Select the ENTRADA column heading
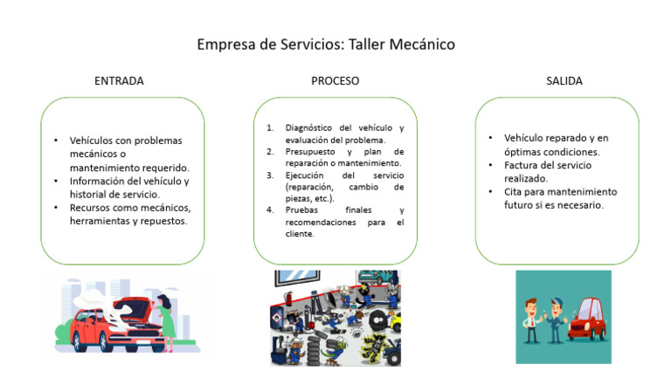[x=119, y=81]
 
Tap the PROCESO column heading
[x=335, y=81]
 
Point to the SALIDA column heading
[x=564, y=81]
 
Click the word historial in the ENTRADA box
[x=87, y=194]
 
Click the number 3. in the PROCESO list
[x=270, y=175]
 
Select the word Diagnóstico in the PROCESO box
[x=308, y=127]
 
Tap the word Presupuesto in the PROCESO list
[x=310, y=152]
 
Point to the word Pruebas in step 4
[x=301, y=210]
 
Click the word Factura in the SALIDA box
[x=520, y=165]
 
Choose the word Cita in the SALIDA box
[x=513, y=191]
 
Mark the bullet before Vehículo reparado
[x=490, y=138]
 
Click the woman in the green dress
[x=165, y=321]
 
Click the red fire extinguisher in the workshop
[x=288, y=300]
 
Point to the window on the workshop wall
[x=297, y=277]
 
